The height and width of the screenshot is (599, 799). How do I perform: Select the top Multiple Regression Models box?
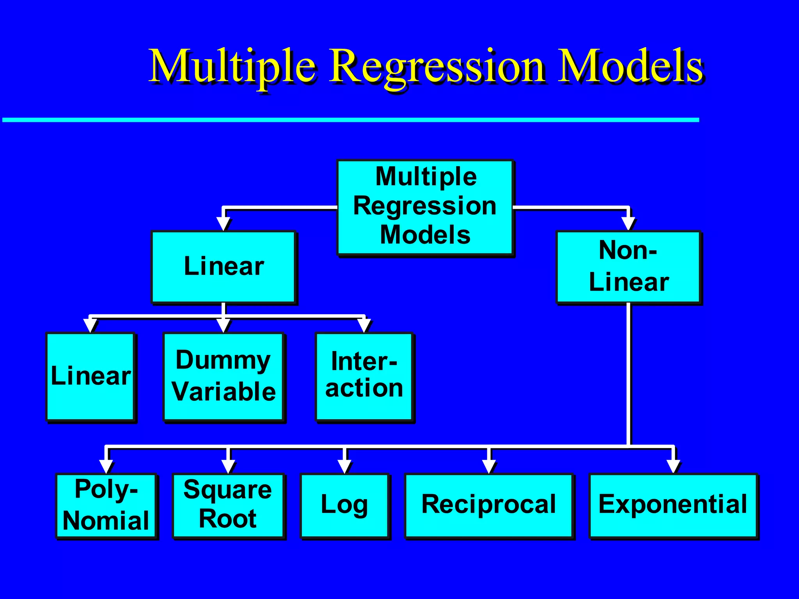tap(425, 207)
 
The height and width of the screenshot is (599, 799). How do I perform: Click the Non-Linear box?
tap(629, 267)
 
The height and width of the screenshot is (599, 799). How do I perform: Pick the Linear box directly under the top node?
tap(224, 267)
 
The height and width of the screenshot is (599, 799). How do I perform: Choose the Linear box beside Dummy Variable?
tap(91, 376)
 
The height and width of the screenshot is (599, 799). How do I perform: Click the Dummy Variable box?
tap(224, 376)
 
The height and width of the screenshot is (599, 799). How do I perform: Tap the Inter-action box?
tap(364, 376)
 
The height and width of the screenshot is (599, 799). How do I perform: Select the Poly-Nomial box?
tap(106, 505)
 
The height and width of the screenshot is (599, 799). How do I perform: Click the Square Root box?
tap(228, 505)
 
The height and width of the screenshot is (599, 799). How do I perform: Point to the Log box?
tap(344, 505)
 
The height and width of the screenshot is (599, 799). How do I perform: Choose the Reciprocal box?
tap(488, 505)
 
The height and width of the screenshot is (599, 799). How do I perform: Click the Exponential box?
tap(673, 505)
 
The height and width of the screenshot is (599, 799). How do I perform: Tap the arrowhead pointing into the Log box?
tap(344, 466)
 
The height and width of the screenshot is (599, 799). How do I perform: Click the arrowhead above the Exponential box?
tap(673, 466)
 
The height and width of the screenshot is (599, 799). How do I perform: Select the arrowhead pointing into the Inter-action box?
tap(364, 325)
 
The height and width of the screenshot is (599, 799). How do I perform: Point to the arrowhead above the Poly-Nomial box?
tap(106, 466)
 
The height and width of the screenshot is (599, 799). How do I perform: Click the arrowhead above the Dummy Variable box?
tap(224, 325)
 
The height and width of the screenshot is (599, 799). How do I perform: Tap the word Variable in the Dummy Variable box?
tap(224, 392)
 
